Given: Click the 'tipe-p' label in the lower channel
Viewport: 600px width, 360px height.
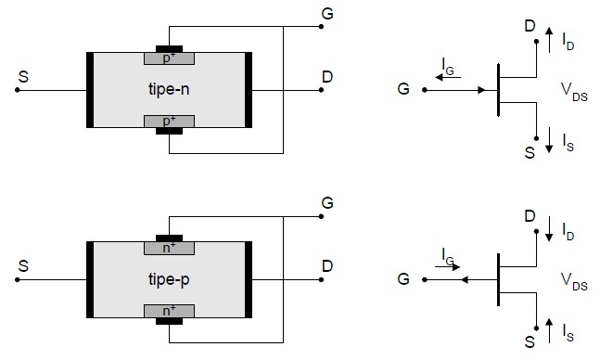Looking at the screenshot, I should point(169,277).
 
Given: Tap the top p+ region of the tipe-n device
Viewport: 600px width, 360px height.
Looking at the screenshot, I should point(169,58).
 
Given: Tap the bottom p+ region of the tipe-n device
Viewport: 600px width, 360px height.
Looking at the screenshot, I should point(169,121).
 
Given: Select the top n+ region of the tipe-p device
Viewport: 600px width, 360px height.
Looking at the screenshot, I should point(169,248).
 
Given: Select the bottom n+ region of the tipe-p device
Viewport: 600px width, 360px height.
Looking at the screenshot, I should point(169,310).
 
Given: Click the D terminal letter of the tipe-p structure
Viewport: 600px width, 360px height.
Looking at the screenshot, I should point(327,266).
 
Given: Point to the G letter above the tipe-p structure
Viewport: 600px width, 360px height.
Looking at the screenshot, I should point(327,201).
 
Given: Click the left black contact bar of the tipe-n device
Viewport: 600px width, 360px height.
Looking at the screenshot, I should point(89,89).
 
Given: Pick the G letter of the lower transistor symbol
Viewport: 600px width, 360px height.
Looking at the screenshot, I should point(402,279).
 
